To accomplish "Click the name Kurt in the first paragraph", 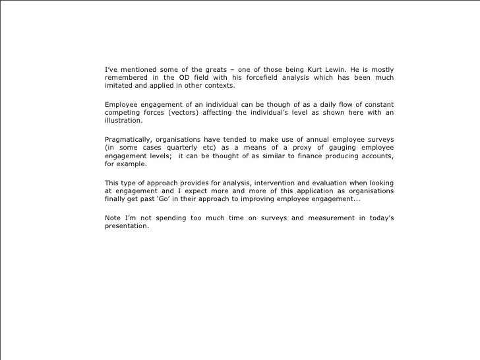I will click(x=316, y=70).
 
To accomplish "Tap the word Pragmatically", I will click(x=131, y=139).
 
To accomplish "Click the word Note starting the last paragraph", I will click(x=113, y=218).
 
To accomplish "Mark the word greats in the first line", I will click(x=202, y=70).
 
